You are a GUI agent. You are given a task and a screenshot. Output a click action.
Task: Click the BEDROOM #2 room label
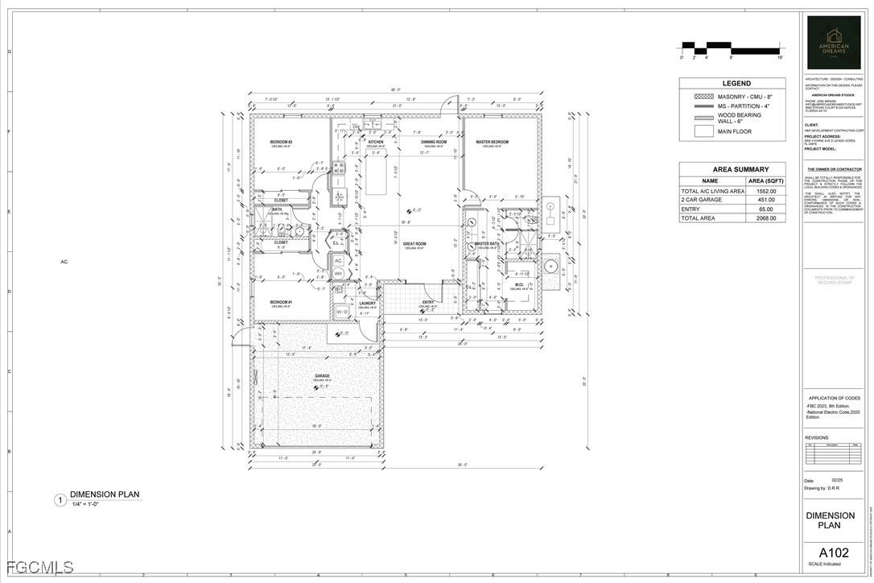click(x=281, y=143)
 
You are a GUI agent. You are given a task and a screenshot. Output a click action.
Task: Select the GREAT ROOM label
click(x=414, y=244)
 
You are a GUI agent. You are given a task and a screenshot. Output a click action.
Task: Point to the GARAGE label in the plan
click(x=322, y=376)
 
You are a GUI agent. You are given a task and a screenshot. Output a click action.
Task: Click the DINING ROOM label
click(x=434, y=143)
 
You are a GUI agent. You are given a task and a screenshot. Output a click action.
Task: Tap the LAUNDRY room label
click(x=368, y=304)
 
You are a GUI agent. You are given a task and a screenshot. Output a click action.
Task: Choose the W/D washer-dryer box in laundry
click(x=342, y=311)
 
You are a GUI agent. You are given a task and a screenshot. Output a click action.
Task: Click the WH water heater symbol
click(x=339, y=274)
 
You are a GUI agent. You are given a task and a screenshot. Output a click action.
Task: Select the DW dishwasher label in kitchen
click(x=356, y=127)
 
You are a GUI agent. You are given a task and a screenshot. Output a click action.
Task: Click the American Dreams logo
click(x=834, y=43)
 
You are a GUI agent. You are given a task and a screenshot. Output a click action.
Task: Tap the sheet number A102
click(x=834, y=553)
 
